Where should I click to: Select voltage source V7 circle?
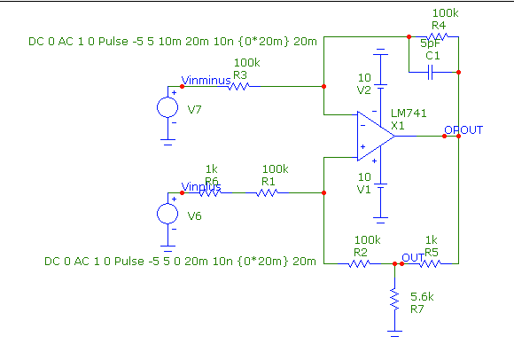(x=167, y=107)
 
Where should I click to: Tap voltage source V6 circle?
(x=167, y=214)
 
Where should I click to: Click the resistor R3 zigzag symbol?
(x=239, y=86)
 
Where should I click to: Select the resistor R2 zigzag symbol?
(x=360, y=263)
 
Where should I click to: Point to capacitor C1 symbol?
(x=432, y=70)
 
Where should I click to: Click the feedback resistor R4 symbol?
(x=439, y=36)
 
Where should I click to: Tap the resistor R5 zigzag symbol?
(x=432, y=263)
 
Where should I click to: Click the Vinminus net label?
(x=206, y=81)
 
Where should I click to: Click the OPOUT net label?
(x=463, y=130)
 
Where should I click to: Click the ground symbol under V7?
(x=167, y=138)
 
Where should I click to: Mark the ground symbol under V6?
(x=167, y=245)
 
